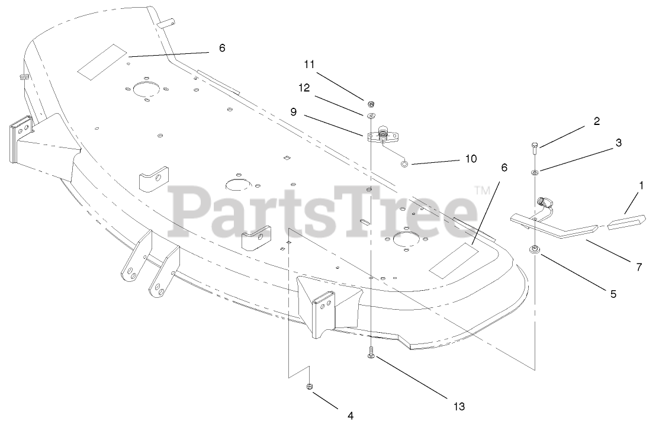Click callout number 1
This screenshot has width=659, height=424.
(640, 185)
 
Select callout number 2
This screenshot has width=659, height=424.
(597, 121)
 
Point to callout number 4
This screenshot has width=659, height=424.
(351, 416)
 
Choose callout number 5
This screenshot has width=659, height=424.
(613, 293)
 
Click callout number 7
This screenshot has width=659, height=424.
(639, 267)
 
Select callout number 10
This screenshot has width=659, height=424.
(471, 159)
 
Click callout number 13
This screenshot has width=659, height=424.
(459, 406)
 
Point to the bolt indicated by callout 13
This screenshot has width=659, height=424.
(370, 352)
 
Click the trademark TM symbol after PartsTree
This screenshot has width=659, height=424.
(483, 191)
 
